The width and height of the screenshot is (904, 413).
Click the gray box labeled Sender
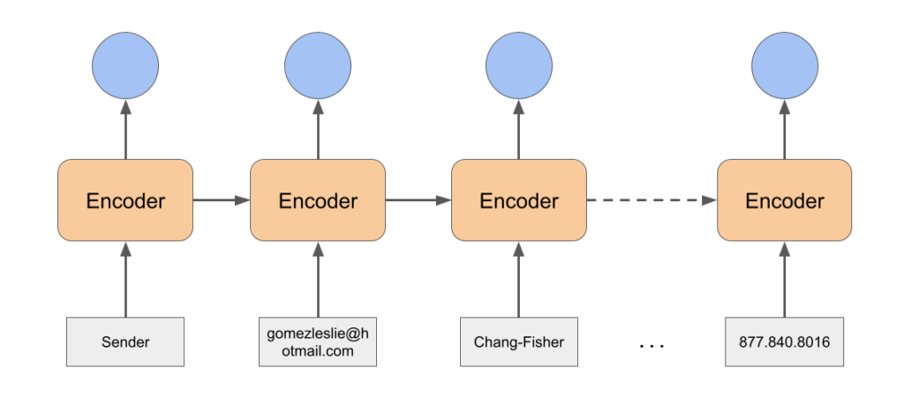[x=125, y=342]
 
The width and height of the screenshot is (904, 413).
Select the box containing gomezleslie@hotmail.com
[x=318, y=342]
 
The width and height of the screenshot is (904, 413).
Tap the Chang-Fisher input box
[x=519, y=342]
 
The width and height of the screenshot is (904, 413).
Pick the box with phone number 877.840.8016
[x=784, y=342]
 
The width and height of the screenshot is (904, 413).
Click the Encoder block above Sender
[x=125, y=199]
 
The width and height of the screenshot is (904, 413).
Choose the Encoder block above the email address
[x=318, y=199]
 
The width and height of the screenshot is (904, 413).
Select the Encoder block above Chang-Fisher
[x=519, y=199]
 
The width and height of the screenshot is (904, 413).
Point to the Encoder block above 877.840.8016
[x=784, y=199]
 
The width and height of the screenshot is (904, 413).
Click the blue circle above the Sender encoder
[x=125, y=65]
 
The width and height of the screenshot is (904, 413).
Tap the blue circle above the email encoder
[x=318, y=65]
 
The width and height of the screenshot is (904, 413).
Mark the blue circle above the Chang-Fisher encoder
[x=519, y=65]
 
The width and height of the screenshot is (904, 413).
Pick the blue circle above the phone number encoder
[x=784, y=65]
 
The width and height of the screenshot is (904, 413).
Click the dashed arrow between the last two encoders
[x=652, y=200]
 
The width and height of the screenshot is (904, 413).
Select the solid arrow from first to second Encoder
[x=222, y=200]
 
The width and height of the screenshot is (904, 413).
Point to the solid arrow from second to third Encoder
[x=418, y=200]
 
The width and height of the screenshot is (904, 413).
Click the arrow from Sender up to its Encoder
[x=125, y=279]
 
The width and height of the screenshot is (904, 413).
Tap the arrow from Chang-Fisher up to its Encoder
[x=519, y=279]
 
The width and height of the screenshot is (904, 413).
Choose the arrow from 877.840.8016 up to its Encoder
[x=784, y=279]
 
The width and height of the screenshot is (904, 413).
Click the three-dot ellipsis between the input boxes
[x=652, y=346]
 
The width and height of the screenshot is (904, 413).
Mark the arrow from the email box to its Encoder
[x=318, y=279]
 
